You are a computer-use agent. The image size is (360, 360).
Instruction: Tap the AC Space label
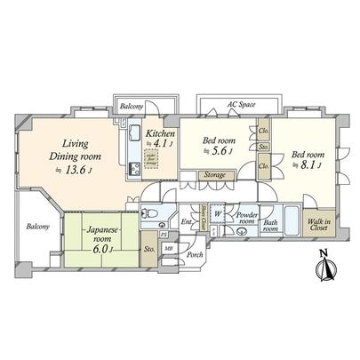pyautogui.click(x=241, y=104)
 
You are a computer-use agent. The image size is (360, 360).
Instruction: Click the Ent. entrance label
pyautogui.click(x=187, y=222)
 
